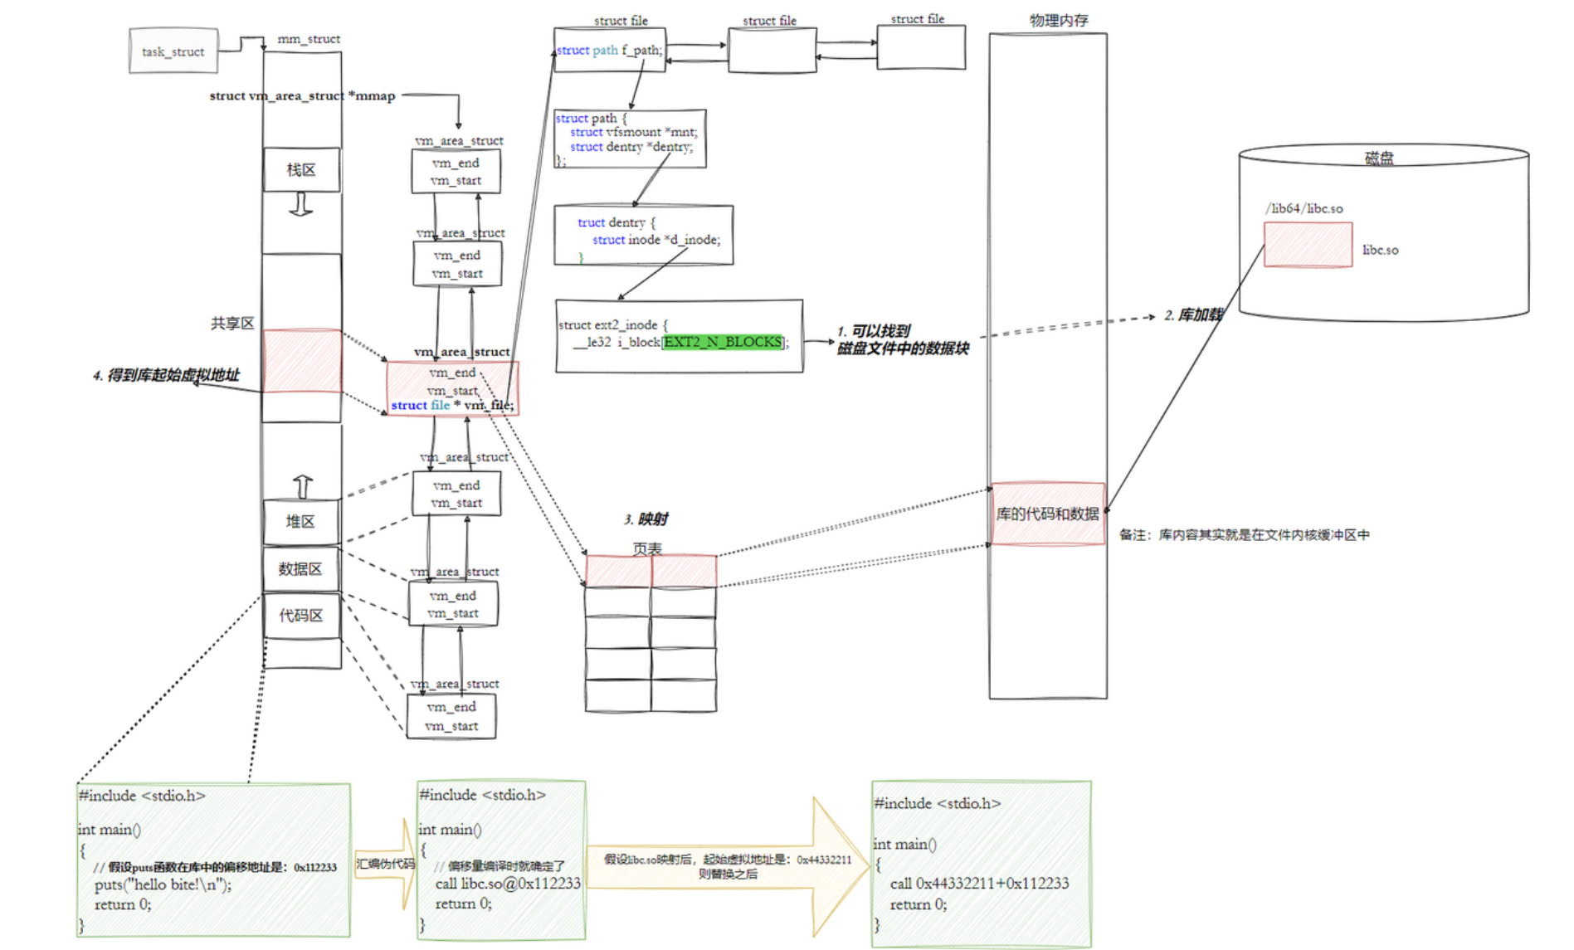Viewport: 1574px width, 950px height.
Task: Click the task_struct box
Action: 173,51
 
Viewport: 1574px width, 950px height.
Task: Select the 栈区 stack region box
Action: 301,170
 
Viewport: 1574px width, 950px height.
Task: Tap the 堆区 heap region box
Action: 300,522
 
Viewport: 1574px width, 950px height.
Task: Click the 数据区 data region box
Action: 300,569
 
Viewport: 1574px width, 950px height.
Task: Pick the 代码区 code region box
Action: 300,616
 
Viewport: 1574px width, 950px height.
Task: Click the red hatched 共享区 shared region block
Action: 301,361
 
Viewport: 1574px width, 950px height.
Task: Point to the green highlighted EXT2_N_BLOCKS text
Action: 723,342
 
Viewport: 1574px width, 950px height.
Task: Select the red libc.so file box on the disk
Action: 1308,245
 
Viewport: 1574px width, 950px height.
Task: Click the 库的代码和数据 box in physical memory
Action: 1047,514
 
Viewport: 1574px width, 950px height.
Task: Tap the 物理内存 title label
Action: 1059,20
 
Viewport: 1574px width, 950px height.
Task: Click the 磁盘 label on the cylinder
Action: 1379,158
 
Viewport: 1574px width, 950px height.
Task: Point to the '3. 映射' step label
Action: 646,519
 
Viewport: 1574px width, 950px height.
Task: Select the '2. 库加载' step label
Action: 1192,315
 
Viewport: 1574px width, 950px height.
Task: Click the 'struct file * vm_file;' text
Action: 452,405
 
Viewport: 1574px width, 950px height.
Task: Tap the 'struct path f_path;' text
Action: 609,50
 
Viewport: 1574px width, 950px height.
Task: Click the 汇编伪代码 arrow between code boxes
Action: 386,865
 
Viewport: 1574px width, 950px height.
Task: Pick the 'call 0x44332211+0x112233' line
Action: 979,884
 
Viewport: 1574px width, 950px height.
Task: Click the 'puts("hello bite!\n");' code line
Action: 163,884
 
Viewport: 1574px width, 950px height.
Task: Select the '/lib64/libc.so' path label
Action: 1304,208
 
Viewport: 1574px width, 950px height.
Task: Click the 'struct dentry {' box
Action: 643,235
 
